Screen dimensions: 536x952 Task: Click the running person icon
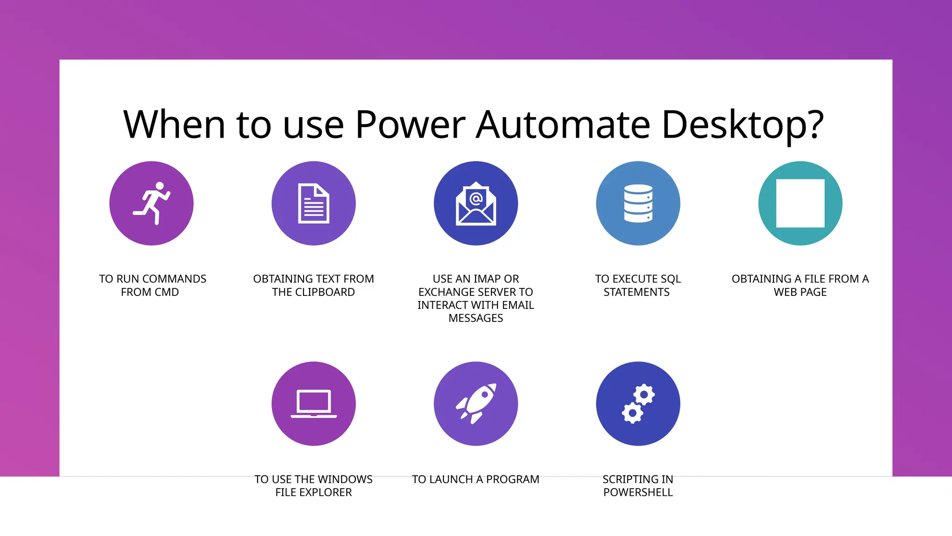point(152,203)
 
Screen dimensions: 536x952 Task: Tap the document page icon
point(314,204)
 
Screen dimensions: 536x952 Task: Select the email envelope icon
point(476,204)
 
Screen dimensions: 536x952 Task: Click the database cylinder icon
point(638,203)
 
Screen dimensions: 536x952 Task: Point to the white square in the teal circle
point(800,203)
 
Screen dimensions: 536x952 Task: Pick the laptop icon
point(314,403)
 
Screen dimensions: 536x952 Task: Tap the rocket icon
point(476,403)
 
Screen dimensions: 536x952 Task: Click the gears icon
point(638,403)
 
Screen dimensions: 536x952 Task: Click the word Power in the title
point(410,125)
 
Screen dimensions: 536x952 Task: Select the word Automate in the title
point(563,125)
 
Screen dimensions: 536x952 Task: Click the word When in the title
point(174,125)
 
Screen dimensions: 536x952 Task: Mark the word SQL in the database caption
point(670,279)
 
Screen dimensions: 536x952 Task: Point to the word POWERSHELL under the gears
point(638,492)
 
